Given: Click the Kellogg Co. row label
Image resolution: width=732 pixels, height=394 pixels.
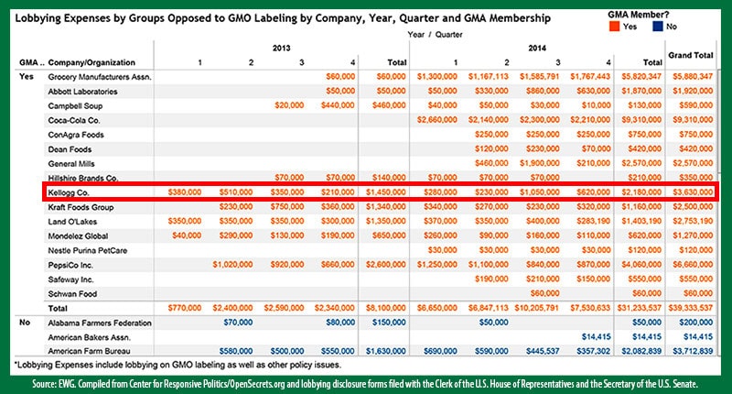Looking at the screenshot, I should (x=69, y=192).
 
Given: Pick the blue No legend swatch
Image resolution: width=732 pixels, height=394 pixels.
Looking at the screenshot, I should (x=671, y=27).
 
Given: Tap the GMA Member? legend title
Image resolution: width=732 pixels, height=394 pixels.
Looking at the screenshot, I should (x=637, y=14).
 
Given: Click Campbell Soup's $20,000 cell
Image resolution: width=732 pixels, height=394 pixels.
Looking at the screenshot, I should (x=292, y=105).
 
